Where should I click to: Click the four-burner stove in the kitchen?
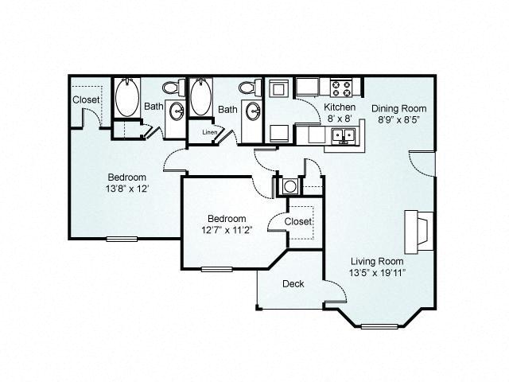tap(341, 88)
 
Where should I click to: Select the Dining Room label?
tap(399, 108)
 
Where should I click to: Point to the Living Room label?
tap(377, 261)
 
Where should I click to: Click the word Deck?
tap(293, 283)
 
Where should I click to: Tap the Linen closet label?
tap(209, 132)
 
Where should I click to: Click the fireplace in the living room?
tap(419, 232)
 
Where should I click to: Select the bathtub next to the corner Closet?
tap(127, 97)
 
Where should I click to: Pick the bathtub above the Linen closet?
tap(201, 96)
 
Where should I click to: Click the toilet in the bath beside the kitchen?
tap(250, 88)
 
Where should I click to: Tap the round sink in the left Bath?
tap(177, 111)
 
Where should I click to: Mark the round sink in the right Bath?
tap(253, 111)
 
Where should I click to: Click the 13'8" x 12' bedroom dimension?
tap(127, 189)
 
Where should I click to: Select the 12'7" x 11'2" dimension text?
tap(227, 230)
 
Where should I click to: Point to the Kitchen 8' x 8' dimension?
tap(340, 119)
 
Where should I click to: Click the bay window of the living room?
tap(379, 326)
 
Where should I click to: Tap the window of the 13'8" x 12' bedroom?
tap(122, 239)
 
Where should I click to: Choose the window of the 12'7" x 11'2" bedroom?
tap(217, 269)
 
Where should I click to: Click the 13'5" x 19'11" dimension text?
tap(377, 273)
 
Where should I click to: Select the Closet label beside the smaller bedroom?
tap(298, 221)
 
